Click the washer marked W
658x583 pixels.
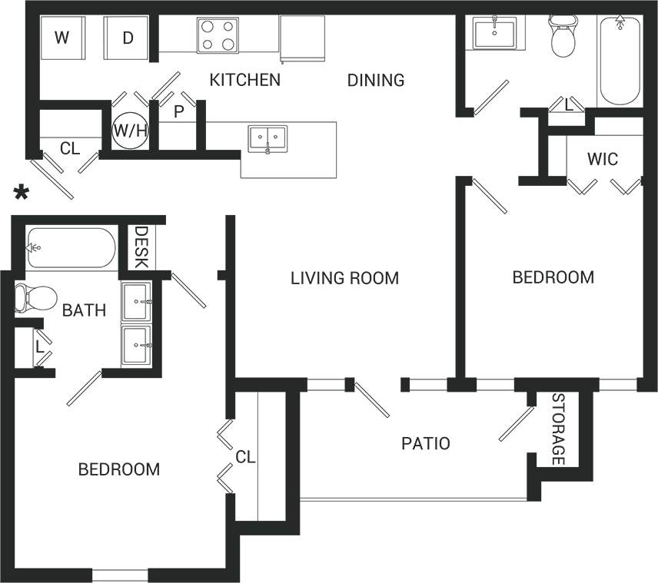point(61,38)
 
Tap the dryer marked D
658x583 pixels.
point(127,38)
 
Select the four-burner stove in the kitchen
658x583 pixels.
point(218,35)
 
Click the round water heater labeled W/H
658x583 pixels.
point(130,130)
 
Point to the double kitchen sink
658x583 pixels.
point(267,140)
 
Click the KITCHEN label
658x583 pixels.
point(245,80)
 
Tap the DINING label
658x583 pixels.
point(375,80)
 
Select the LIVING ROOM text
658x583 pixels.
point(344,278)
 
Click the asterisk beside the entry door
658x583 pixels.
point(22,194)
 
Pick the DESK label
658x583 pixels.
point(141,247)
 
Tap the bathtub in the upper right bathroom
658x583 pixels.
point(619,61)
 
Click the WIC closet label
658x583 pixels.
point(602,160)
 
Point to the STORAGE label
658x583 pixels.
point(559,429)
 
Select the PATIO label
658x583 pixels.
point(425,443)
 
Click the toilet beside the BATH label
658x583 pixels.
point(35,297)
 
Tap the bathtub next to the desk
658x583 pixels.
point(71,247)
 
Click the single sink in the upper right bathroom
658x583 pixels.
point(495,34)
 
